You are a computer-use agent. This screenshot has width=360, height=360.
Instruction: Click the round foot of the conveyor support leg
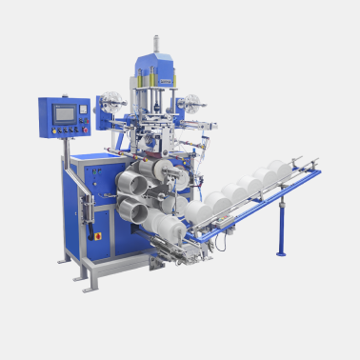tap(280, 253)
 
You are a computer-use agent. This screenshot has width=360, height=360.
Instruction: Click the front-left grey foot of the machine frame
tap(88, 287)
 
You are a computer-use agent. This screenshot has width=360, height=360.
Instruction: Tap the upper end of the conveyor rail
tap(314, 170)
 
